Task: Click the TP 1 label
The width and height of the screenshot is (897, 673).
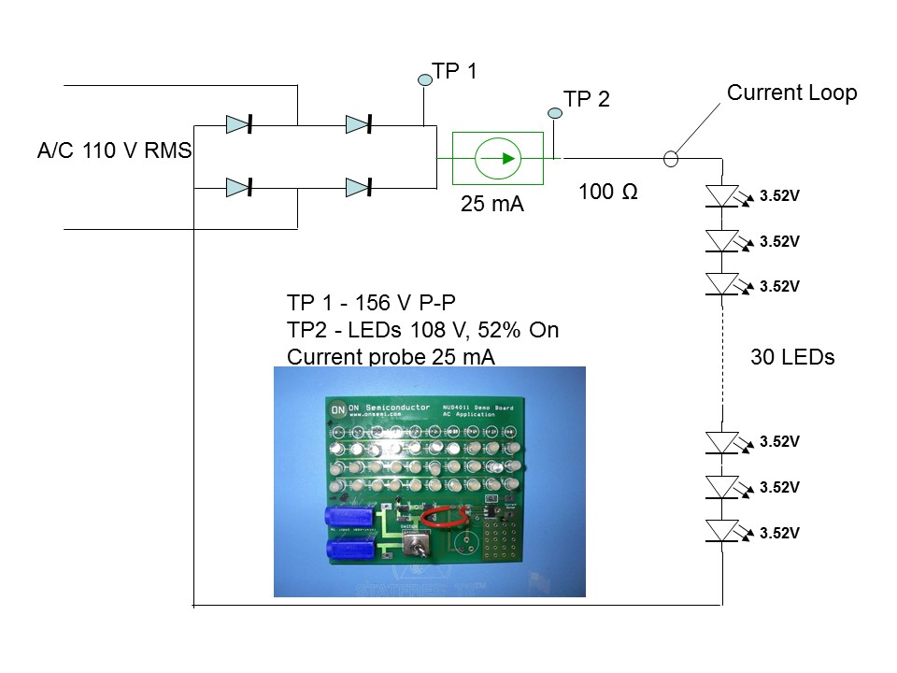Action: click(454, 71)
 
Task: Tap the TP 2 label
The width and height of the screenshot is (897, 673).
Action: click(587, 99)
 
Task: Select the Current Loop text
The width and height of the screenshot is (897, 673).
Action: click(791, 93)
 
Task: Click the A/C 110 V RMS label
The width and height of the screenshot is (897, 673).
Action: click(114, 151)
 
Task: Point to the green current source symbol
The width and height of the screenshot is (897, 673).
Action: click(498, 157)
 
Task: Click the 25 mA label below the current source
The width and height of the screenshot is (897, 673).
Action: click(492, 205)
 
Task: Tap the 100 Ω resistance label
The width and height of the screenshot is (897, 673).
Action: click(608, 192)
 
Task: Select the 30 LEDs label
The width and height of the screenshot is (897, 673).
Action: click(792, 357)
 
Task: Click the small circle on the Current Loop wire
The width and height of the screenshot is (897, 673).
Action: click(670, 158)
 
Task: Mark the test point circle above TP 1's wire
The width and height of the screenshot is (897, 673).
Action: click(424, 80)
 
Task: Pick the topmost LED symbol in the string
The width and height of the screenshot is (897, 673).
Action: click(722, 195)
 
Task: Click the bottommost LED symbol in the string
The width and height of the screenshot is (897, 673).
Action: click(722, 532)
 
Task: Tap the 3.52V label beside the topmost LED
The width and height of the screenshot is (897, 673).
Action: click(779, 196)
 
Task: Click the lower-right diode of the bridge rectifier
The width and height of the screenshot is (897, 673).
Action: click(360, 188)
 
